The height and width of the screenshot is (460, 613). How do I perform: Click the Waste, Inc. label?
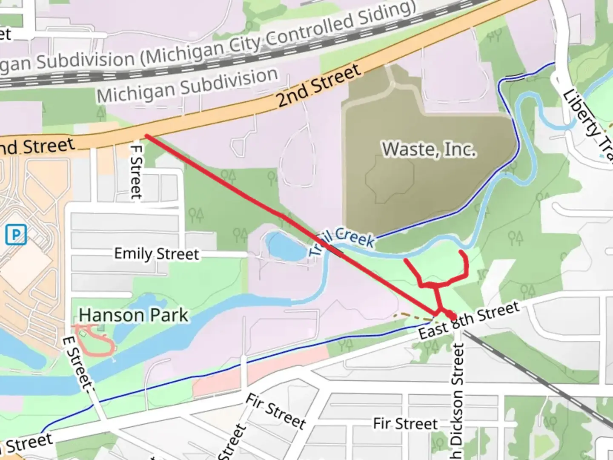(429, 149)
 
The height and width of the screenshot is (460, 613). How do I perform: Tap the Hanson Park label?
(133, 316)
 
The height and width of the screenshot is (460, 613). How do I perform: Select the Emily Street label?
(156, 254)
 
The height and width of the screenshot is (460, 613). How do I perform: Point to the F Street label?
(136, 172)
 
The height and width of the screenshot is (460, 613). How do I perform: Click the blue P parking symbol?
(16, 235)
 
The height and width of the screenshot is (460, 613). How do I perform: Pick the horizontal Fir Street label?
(405, 424)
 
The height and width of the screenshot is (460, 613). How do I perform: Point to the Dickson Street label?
(456, 400)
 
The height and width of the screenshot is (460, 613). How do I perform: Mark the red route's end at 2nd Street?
(147, 136)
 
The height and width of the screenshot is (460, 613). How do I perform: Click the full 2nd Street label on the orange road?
(318, 86)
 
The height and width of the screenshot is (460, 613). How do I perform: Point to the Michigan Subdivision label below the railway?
(187, 86)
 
